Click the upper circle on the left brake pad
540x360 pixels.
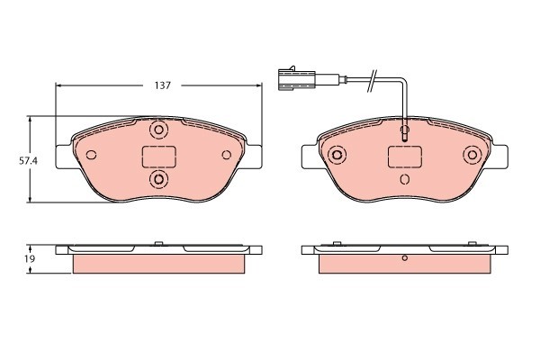coord(159,131)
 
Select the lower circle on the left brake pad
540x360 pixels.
coord(159,181)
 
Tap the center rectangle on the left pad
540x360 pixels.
coord(159,157)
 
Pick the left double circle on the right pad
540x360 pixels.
coord(337,155)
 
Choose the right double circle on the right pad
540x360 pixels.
coord(471,155)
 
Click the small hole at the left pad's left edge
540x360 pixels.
coord(90,154)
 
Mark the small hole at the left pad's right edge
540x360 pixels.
coord(229,154)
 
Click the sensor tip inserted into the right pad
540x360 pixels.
coord(405,136)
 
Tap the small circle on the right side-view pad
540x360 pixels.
coord(405,260)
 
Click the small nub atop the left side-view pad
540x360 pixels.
coord(159,242)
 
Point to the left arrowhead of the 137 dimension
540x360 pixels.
coord(60,85)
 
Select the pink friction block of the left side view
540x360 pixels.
coord(159,264)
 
